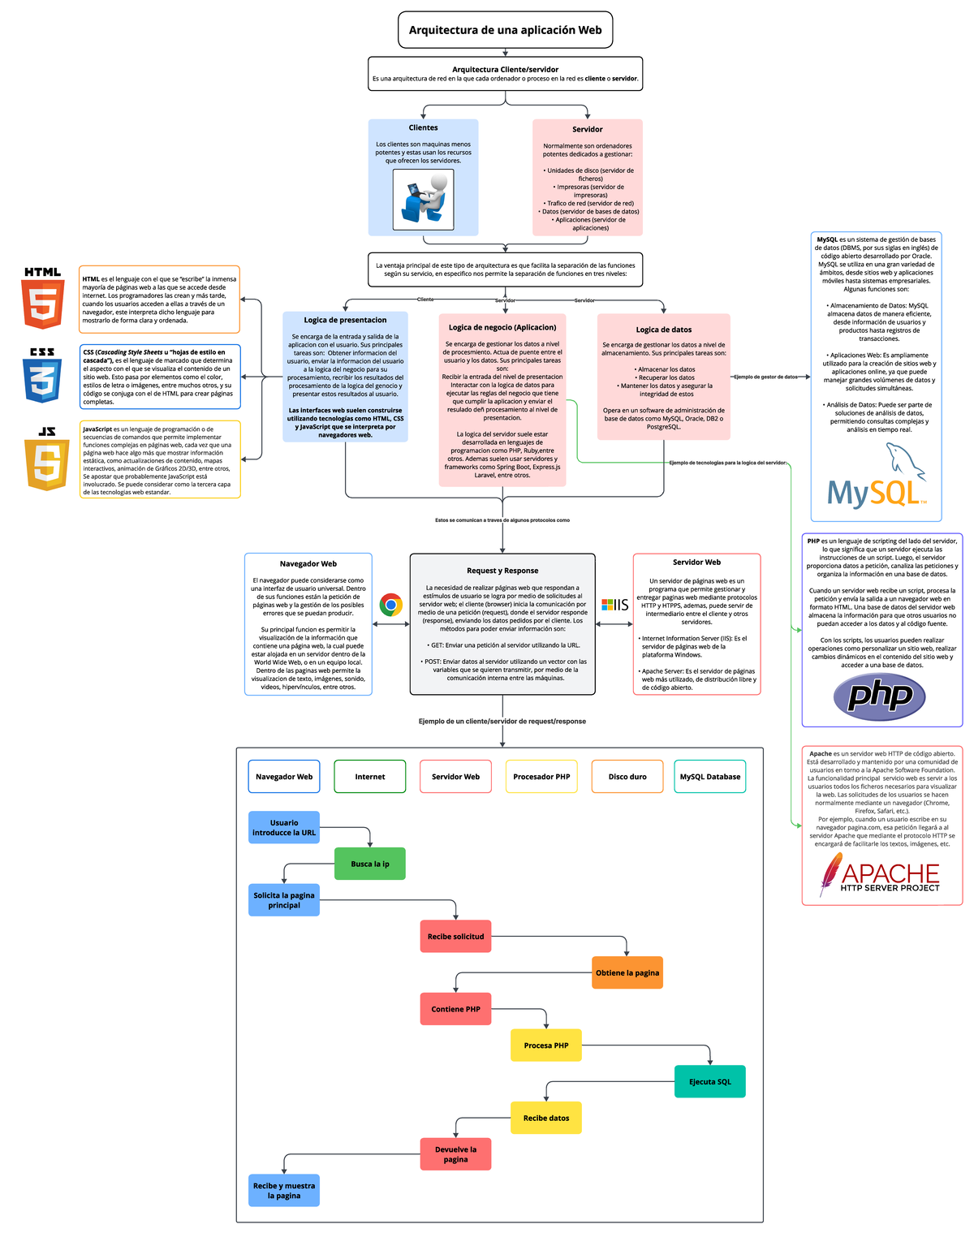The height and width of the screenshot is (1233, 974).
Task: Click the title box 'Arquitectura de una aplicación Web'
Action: [505, 30]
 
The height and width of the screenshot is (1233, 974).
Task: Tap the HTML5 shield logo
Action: [43, 299]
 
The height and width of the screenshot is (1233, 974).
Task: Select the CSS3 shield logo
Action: [42, 376]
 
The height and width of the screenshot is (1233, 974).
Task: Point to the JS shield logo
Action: [47, 459]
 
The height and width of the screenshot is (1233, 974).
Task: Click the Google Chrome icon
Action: [391, 605]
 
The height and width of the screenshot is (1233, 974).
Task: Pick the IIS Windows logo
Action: [614, 605]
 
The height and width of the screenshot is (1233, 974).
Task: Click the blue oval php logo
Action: [880, 696]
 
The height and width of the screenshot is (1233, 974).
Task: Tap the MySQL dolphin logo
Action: [877, 481]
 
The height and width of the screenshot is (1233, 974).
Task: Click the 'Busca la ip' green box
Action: [370, 864]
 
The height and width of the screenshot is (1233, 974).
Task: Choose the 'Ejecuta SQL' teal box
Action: [709, 1081]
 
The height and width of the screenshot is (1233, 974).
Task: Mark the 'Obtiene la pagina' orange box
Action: [627, 972]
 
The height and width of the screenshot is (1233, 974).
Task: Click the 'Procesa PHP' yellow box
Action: [546, 1045]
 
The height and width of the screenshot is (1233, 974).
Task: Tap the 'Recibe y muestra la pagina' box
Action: [284, 1191]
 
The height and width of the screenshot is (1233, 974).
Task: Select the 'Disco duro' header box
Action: [627, 777]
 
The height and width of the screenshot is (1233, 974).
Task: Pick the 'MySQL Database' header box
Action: [709, 777]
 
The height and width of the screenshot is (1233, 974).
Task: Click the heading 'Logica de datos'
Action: [664, 330]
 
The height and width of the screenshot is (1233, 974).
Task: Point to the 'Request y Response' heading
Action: [502, 571]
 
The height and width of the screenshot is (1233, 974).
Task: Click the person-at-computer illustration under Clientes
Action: [424, 200]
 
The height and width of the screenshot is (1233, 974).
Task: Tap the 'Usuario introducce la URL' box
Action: [284, 827]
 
